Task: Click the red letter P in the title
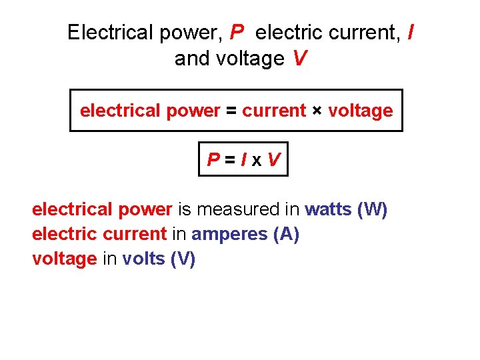click(x=237, y=32)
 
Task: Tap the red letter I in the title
click(x=409, y=32)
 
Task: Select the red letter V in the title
click(x=300, y=59)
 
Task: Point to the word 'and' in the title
click(x=191, y=59)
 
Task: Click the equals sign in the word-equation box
click(x=231, y=111)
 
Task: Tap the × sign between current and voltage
click(x=317, y=111)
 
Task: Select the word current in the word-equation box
click(x=274, y=111)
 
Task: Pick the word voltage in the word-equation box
click(x=361, y=111)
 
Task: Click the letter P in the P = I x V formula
click(x=214, y=160)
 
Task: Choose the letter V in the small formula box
click(x=273, y=160)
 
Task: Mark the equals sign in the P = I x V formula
click(x=230, y=160)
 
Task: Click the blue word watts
click(x=329, y=209)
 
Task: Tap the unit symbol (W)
click(x=372, y=209)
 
